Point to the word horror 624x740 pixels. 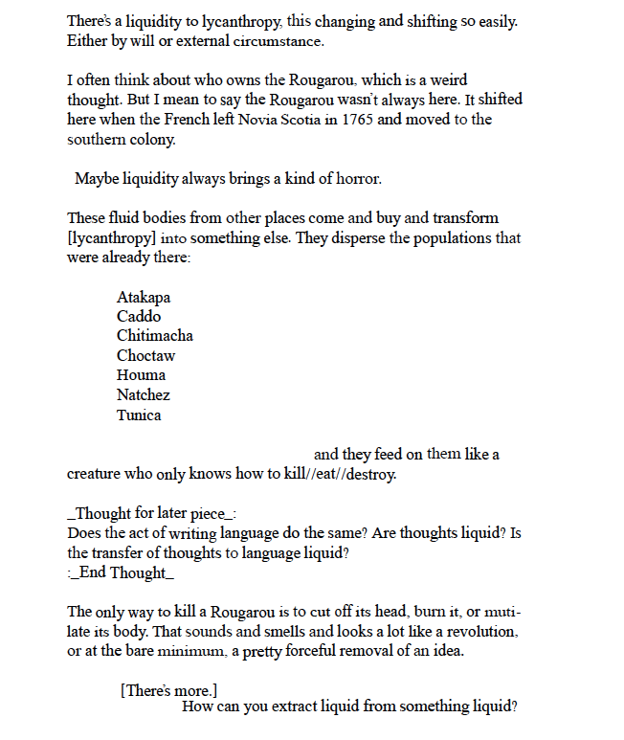tap(356, 179)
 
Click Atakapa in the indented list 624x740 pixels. tap(144, 298)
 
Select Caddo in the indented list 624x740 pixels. tap(139, 317)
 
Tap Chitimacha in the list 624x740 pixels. tap(155, 336)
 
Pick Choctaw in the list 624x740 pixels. tap(145, 356)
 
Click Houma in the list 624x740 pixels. tap(141, 375)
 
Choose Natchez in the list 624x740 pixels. tap(144, 395)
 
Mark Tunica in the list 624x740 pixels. tap(139, 415)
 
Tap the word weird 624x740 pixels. tap(446, 80)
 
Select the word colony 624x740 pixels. tap(158, 140)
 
